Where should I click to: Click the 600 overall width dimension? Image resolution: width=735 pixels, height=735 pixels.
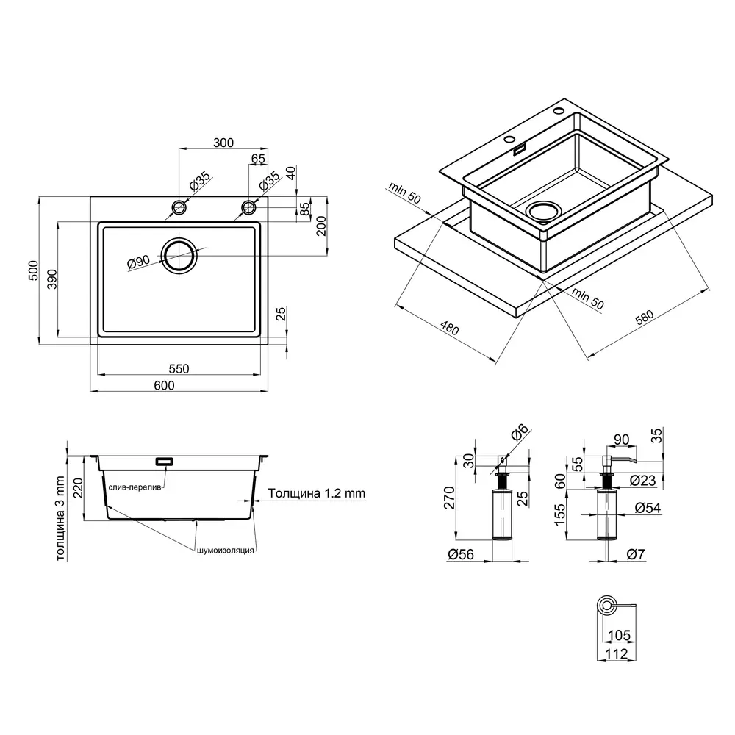164,385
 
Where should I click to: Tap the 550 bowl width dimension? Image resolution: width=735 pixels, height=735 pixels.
179,369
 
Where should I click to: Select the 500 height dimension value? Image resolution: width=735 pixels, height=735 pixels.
33,270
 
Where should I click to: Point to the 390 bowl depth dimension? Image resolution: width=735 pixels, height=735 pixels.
51,279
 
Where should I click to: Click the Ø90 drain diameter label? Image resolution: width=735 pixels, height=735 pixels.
138,262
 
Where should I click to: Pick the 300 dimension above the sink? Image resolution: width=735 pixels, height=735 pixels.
223,143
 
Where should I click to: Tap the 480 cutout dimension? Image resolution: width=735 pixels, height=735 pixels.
450,328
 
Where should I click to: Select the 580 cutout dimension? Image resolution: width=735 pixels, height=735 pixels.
644,318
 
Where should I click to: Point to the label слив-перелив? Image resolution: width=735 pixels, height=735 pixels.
135,487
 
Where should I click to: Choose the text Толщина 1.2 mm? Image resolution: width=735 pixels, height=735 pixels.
316,493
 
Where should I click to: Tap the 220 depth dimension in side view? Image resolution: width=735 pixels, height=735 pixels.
78,487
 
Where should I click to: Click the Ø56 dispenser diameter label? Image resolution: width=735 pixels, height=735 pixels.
461,554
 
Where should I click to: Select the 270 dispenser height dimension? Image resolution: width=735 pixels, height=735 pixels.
450,498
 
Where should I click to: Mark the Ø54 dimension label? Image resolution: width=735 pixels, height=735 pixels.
648,508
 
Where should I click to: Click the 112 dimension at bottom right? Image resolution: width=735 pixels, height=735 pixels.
617,653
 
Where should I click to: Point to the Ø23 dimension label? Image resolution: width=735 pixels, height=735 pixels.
642,480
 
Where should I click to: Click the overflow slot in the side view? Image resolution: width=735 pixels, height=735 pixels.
164,462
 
